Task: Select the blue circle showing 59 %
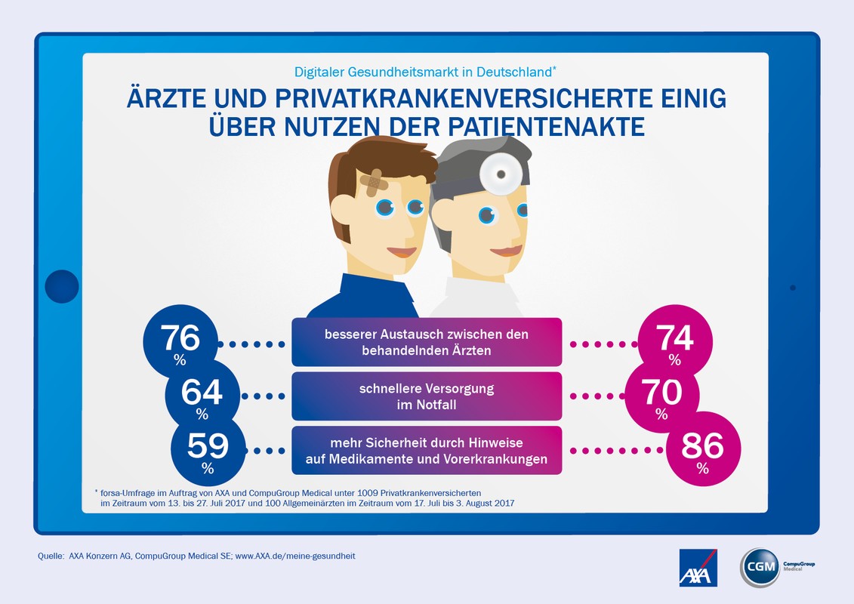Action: coord(208,449)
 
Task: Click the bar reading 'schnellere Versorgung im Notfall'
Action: coord(427,396)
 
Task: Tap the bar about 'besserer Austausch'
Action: coord(427,342)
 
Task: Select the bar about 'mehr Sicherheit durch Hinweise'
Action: coord(427,450)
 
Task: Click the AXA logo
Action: coord(698,568)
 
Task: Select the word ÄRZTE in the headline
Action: coord(163,100)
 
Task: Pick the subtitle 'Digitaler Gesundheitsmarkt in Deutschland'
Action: coord(423,72)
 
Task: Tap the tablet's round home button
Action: coord(61,287)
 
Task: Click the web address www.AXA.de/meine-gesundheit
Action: coord(295,556)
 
